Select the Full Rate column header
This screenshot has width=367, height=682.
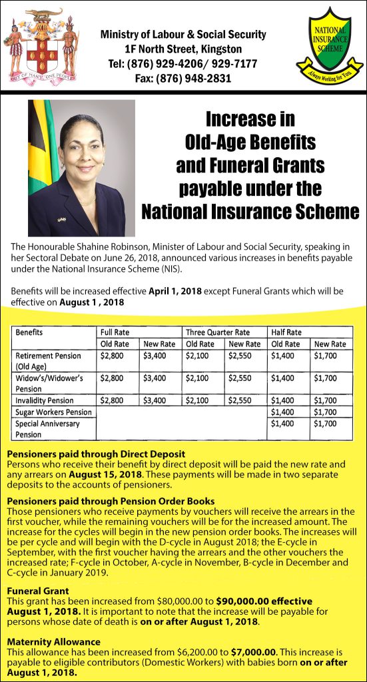tap(114, 332)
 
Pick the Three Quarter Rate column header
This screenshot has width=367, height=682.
tap(217, 332)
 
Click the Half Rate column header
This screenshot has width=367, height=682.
tap(286, 332)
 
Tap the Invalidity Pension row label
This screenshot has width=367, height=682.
tap(44, 401)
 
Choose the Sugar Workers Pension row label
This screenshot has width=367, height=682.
tap(53, 412)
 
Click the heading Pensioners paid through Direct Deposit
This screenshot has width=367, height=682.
tap(96, 454)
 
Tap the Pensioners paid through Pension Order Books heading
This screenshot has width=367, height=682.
tap(111, 501)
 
